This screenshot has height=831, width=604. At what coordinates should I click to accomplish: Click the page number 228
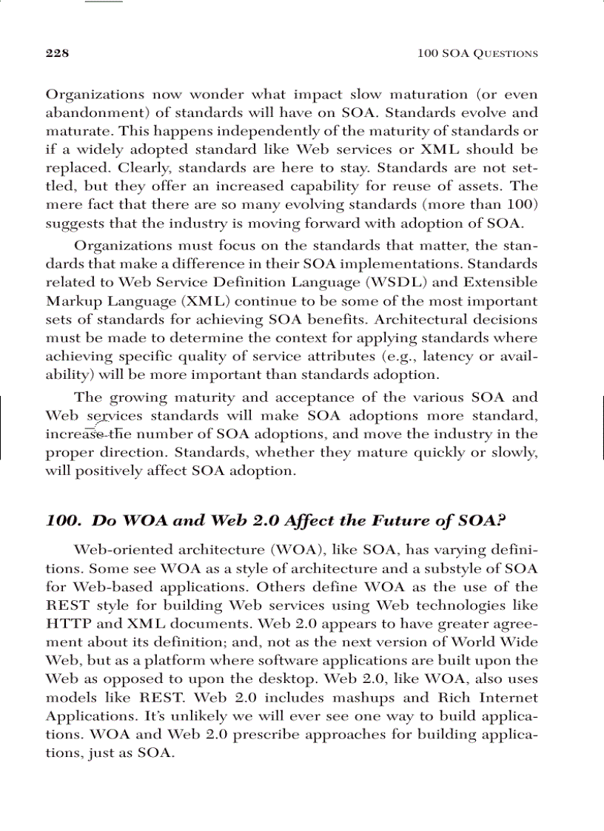coord(57,53)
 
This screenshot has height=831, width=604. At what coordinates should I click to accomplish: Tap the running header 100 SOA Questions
coord(477,53)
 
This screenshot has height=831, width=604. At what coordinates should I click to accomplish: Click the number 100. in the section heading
coord(62,520)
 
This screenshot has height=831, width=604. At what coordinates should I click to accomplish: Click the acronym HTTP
coord(69,624)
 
